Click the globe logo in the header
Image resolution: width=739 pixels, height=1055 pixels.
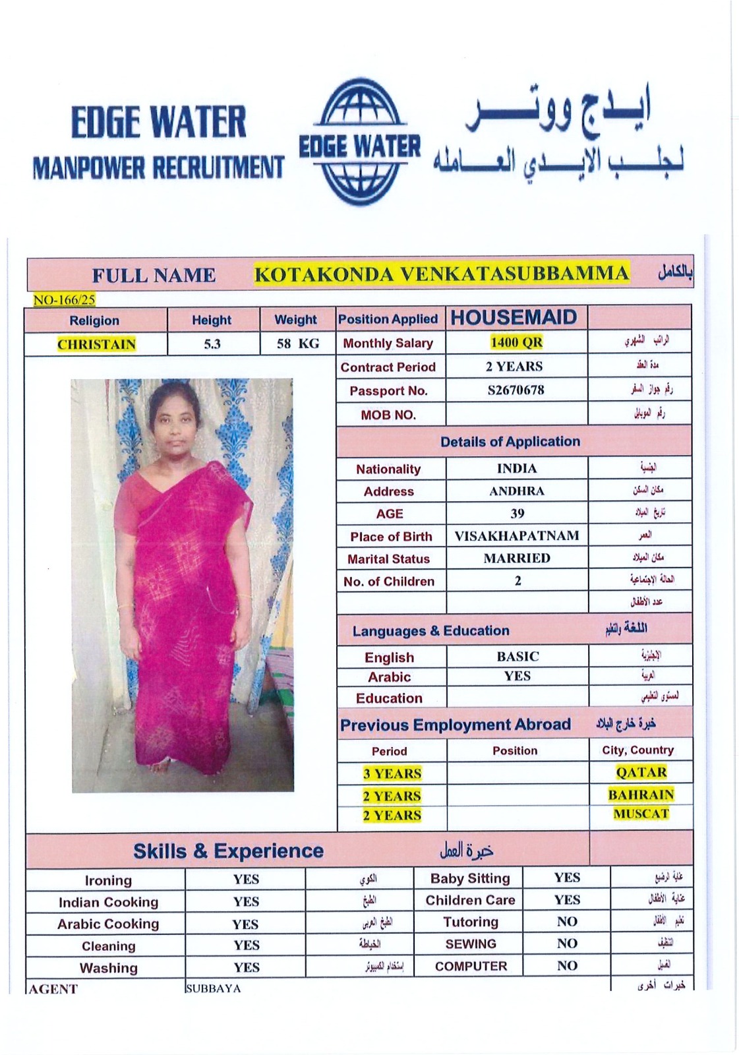pyautogui.click(x=360, y=143)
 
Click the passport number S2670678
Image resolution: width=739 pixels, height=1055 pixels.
pyautogui.click(x=516, y=390)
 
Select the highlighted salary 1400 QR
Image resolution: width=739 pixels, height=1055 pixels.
pyautogui.click(x=516, y=342)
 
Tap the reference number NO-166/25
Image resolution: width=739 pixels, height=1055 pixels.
pyautogui.click(x=65, y=300)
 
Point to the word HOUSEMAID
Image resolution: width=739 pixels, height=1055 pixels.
pyautogui.click(x=514, y=318)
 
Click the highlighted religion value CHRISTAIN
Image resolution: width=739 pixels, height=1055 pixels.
pyautogui.click(x=96, y=344)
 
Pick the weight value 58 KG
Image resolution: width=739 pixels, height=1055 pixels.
pyautogui.click(x=297, y=344)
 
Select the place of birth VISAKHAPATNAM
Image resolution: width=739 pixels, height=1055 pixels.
pyautogui.click(x=517, y=535)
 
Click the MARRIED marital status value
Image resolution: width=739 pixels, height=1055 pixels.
pyautogui.click(x=517, y=558)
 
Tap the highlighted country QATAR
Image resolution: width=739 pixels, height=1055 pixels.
pyautogui.click(x=641, y=772)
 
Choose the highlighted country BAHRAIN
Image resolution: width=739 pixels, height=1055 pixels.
pyautogui.click(x=641, y=795)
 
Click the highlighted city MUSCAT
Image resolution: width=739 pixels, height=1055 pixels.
pyautogui.click(x=641, y=814)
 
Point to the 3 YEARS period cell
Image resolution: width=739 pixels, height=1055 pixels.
pyautogui.click(x=392, y=773)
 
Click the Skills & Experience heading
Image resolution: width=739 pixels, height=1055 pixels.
pyautogui.click(x=228, y=851)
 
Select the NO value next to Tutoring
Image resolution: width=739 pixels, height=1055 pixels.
pyautogui.click(x=567, y=922)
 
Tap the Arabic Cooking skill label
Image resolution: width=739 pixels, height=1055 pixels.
pyautogui.click(x=108, y=924)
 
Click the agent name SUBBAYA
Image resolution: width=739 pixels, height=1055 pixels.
pyautogui.click(x=213, y=988)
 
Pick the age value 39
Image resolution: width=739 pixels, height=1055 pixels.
pyautogui.click(x=517, y=513)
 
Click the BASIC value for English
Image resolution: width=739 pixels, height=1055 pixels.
pyautogui.click(x=517, y=656)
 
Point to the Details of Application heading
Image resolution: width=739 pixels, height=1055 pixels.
pyautogui.click(x=510, y=442)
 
